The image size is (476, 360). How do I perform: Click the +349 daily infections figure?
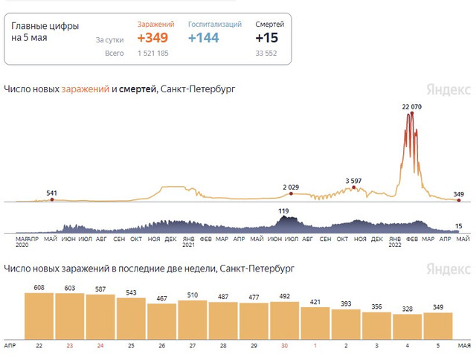[x=152, y=38]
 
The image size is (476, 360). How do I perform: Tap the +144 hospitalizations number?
[x=203, y=38]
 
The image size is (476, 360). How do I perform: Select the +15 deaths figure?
[x=266, y=38]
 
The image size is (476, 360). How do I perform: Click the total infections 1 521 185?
[x=152, y=54]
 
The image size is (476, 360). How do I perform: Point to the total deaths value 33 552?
[x=266, y=54]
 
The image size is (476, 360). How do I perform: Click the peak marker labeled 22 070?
[x=412, y=113]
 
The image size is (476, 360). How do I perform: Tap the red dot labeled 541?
[x=52, y=199]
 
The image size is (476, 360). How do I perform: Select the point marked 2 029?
[x=291, y=193]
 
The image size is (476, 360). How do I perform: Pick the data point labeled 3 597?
[x=354, y=187]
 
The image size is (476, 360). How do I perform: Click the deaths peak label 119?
[x=283, y=211]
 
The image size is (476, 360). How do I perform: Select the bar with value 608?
[x=39, y=316]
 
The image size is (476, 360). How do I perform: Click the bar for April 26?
[x=162, y=321]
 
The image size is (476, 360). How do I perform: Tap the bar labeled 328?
[x=408, y=327]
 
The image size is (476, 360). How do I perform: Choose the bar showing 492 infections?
[x=284, y=321]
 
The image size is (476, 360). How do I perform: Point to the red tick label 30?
[x=284, y=346]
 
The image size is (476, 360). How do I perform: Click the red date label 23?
[x=70, y=346]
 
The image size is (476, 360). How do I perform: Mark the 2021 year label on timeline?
[x=188, y=245]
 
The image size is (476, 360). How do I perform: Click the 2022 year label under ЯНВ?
[x=395, y=245]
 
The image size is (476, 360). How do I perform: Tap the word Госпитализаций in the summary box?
[x=215, y=25]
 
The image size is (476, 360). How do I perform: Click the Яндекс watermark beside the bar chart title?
[x=448, y=269]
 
